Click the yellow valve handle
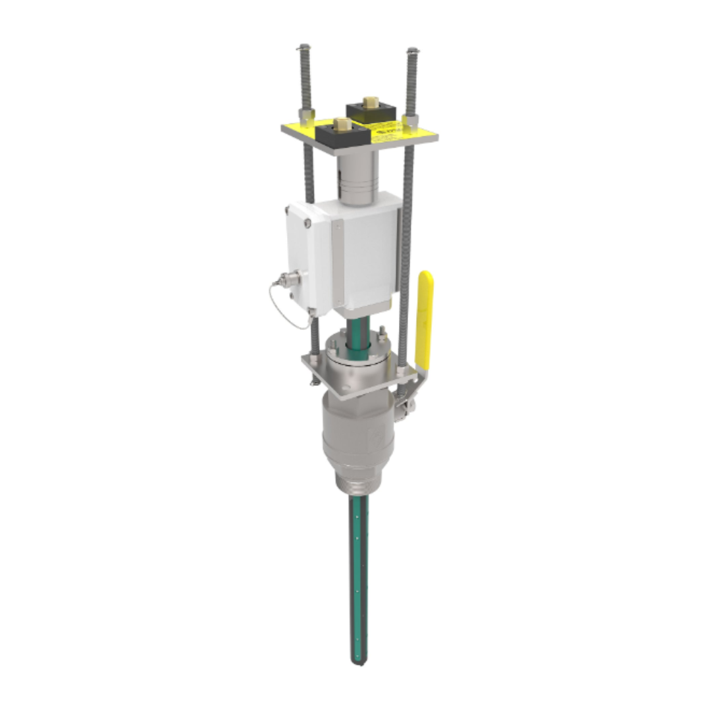click(425, 316)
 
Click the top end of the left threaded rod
click(303, 48)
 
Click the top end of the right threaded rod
click(413, 51)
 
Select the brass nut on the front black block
click(341, 124)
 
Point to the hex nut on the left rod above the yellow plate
click(306, 116)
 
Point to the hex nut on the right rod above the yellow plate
click(410, 120)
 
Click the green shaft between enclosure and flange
click(356, 329)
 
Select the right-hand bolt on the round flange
click(382, 336)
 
